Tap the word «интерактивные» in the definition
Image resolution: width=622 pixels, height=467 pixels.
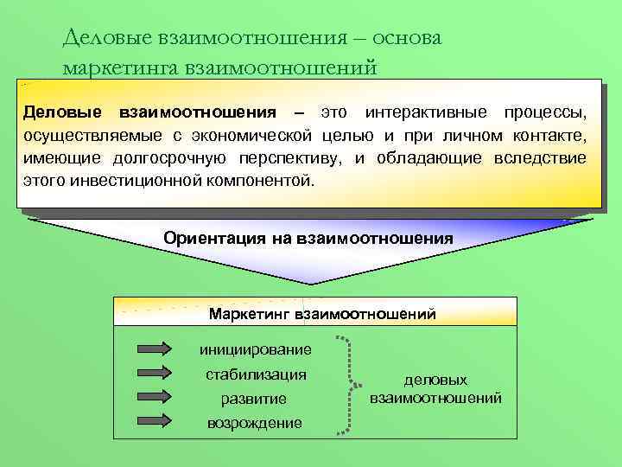coord(421,113)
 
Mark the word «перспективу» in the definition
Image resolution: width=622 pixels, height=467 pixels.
coord(295,159)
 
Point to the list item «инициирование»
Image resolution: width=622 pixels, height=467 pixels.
coord(255,350)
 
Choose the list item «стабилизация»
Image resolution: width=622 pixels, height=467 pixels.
coord(255,374)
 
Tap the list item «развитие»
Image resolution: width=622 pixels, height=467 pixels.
coord(255,399)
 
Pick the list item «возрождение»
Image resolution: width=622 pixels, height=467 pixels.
coord(255,423)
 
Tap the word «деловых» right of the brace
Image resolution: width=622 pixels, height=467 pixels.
coord(435,380)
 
